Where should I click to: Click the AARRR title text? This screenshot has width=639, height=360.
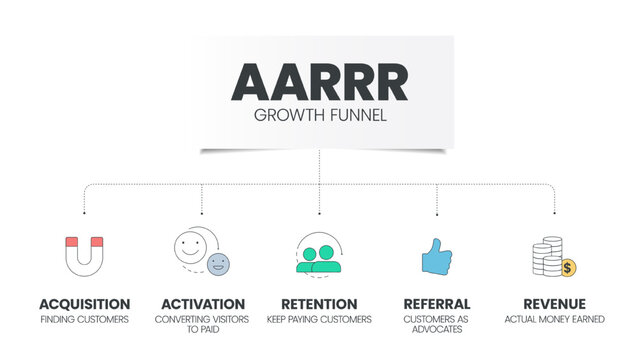click(320, 83)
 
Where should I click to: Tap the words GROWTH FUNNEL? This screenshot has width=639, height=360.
click(320, 115)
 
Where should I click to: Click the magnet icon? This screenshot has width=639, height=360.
click(84, 257)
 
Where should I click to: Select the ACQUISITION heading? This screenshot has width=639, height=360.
click(84, 304)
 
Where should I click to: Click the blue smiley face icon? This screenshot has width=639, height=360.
click(218, 265)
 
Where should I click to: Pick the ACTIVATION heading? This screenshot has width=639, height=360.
click(203, 304)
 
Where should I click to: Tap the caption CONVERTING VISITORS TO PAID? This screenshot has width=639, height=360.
click(203, 324)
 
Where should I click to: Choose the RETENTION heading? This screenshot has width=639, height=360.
click(319, 304)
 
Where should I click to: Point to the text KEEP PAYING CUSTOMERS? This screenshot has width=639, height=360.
click(319, 319)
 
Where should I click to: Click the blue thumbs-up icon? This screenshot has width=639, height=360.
click(436, 257)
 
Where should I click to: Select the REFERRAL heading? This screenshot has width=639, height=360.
click(437, 304)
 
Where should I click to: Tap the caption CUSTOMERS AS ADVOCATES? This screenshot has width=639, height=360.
click(437, 324)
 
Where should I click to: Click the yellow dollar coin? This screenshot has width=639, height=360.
click(567, 267)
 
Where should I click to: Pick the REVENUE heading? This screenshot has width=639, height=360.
click(554, 304)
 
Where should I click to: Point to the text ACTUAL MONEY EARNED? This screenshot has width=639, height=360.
click(554, 319)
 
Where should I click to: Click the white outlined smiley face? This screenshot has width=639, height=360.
click(190, 247)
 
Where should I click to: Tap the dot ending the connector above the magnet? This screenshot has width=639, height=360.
click(84, 213)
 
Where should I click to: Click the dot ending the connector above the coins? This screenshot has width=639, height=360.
click(554, 213)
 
